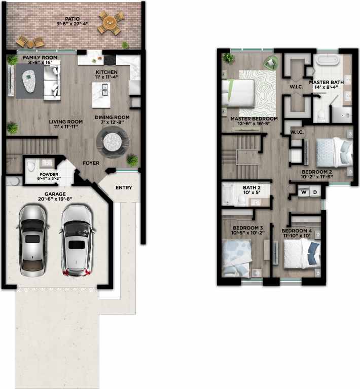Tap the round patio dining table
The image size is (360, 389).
(109, 23)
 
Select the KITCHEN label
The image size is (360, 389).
(106, 72)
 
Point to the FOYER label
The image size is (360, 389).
(91, 163)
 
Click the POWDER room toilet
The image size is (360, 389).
(31, 167)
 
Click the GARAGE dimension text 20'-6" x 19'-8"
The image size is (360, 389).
(56, 199)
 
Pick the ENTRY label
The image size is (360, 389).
(124, 188)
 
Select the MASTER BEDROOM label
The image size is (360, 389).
(254, 119)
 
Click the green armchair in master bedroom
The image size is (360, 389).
(270, 62)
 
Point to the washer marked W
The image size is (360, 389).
(304, 192)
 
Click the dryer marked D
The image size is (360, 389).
(315, 192)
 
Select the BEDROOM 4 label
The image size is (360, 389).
(297, 231)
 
